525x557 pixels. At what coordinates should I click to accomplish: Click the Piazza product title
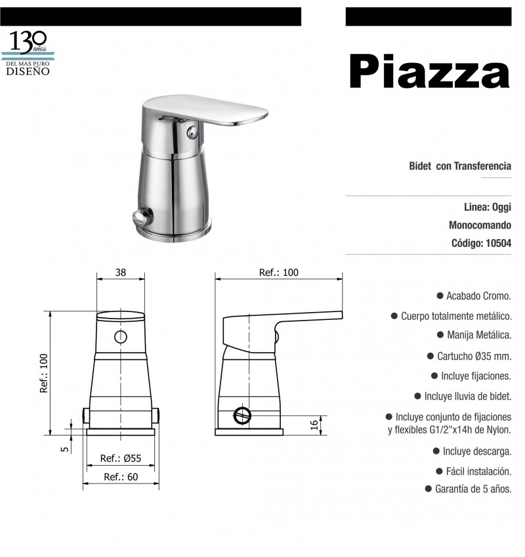[x=429, y=71]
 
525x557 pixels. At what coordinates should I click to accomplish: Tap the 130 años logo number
[x=28, y=42]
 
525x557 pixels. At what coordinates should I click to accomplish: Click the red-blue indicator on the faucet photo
[x=192, y=133]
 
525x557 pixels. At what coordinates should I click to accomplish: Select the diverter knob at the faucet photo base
[x=142, y=216]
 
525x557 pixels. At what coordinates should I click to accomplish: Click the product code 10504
[x=498, y=243]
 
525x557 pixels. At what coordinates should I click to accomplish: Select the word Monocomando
[x=480, y=225]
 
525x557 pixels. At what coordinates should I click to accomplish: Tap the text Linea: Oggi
[x=488, y=207]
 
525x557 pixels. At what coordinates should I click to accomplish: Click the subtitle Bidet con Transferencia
[x=460, y=166]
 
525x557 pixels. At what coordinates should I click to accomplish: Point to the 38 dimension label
[x=121, y=273]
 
